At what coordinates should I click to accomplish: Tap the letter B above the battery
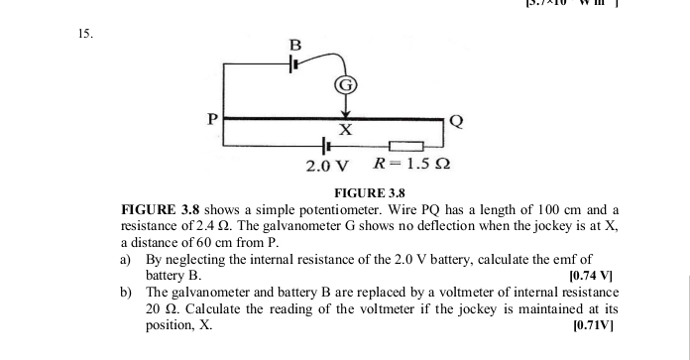(x=292, y=45)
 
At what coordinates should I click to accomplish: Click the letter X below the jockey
(x=345, y=131)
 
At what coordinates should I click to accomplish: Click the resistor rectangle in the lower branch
(x=405, y=147)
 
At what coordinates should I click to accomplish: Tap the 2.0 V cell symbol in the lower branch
(x=327, y=147)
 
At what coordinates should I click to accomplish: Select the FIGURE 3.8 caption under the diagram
(x=371, y=192)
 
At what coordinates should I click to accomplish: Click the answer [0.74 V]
(x=593, y=275)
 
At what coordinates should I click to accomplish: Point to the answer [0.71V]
(x=594, y=324)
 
